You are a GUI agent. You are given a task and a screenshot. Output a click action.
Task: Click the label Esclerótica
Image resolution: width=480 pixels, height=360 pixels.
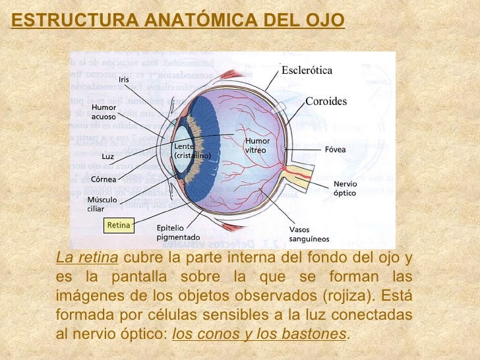point(307,71)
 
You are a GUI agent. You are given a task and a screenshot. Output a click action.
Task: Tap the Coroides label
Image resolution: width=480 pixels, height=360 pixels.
point(326,102)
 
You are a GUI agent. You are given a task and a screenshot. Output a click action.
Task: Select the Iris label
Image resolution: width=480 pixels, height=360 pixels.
point(124,80)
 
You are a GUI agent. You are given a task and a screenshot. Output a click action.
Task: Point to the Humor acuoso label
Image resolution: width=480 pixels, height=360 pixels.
point(104,111)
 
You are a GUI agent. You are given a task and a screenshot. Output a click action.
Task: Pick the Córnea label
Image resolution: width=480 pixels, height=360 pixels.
point(104,179)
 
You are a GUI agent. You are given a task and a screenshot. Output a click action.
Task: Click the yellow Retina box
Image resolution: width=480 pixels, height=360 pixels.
point(119,225)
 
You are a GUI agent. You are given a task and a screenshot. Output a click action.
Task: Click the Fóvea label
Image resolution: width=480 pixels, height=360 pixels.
point(335,150)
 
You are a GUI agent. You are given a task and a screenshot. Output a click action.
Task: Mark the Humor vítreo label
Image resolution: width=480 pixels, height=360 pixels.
point(256,146)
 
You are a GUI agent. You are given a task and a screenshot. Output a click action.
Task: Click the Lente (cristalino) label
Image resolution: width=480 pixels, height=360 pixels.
point(192,151)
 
